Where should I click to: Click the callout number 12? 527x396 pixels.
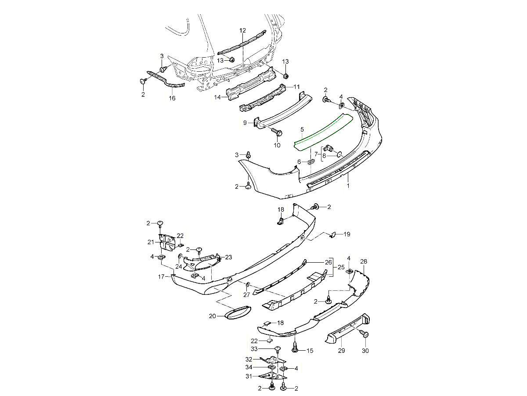(243, 30)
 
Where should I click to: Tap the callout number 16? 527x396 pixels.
(172, 98)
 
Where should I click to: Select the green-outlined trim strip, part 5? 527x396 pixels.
(323, 130)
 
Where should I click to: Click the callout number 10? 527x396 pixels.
(277, 145)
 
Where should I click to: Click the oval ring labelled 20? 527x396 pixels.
(237, 313)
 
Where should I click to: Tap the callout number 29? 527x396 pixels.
(342, 351)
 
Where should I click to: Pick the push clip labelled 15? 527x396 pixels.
(295, 348)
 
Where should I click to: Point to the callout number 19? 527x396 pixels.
(347, 234)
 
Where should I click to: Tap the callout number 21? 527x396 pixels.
(151, 242)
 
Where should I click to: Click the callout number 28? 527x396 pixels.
(364, 261)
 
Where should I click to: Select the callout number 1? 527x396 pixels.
(348, 187)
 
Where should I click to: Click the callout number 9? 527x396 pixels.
(245, 123)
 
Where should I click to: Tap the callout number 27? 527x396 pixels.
(247, 295)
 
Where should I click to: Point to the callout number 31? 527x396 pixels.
(249, 376)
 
